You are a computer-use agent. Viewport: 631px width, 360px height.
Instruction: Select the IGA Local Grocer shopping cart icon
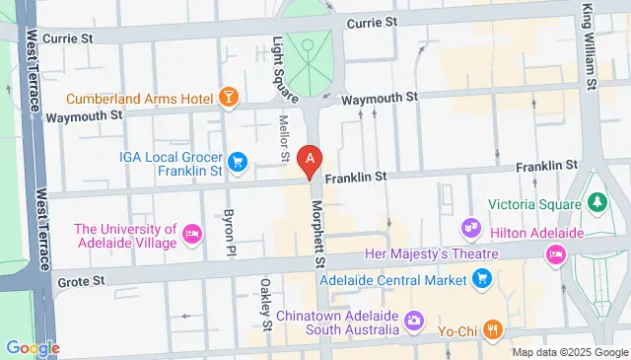coord(238,161)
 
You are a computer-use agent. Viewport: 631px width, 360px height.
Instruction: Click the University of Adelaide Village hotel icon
coord(192,236)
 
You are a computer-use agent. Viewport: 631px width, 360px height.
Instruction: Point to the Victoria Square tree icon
coord(596,202)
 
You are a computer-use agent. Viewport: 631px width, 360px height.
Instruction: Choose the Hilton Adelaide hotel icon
coord(555,254)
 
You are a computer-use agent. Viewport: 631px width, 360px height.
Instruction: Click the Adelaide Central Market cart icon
coord(482,280)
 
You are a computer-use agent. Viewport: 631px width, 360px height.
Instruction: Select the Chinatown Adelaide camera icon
coord(414,321)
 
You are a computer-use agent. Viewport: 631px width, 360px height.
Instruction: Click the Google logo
coord(32,347)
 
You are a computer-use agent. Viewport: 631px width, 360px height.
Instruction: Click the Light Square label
coord(284,67)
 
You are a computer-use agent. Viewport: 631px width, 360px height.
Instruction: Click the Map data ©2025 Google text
coord(568,352)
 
